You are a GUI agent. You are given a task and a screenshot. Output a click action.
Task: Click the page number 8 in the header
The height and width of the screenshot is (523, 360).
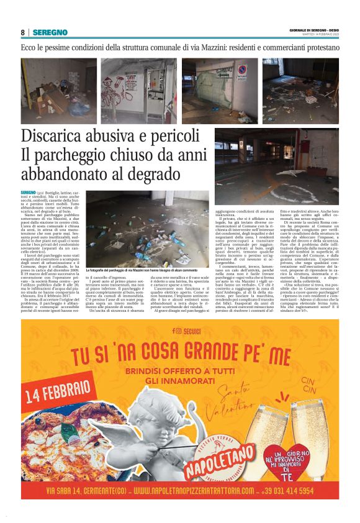[x=22, y=32]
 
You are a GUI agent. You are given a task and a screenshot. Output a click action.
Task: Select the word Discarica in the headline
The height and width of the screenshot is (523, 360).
[x=60, y=136]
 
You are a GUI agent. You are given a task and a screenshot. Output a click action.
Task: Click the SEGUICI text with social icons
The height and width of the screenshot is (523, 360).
[x=179, y=332]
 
